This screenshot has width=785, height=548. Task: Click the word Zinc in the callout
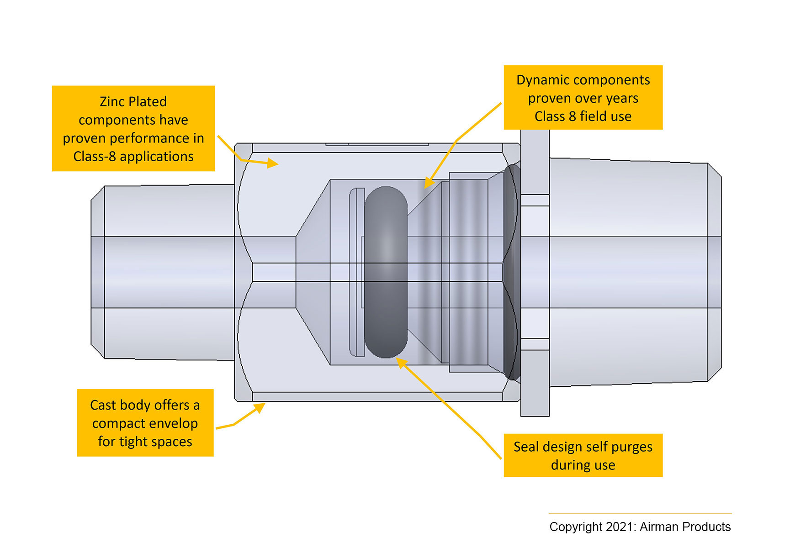click(x=112, y=101)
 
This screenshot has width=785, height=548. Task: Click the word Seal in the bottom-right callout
click(x=526, y=447)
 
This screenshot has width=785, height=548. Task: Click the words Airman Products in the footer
click(x=685, y=527)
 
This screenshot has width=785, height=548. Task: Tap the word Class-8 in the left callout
click(x=94, y=157)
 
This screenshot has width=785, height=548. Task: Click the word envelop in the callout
click(x=171, y=423)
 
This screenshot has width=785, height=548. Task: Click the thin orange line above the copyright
click(x=640, y=514)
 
